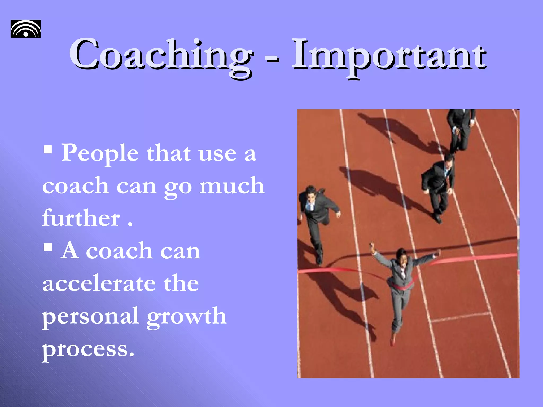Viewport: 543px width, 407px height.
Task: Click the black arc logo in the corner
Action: tap(25, 29)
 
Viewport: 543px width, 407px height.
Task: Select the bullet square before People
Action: tap(48, 150)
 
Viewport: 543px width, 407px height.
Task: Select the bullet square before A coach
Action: tap(48, 247)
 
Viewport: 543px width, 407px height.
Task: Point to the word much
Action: tap(232, 186)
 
